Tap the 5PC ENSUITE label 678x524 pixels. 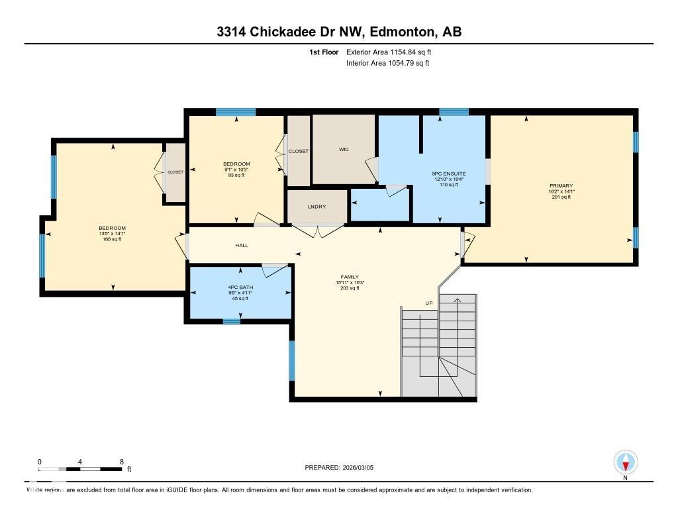[454, 174]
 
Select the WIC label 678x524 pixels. [344, 150]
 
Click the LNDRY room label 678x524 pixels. [316, 207]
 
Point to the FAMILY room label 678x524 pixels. [350, 276]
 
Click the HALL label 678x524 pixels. [242, 246]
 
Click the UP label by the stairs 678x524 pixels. [429, 303]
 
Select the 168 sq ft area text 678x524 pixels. [111, 239]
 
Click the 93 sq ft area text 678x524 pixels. [236, 176]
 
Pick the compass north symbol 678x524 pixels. [626, 462]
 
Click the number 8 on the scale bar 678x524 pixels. [121, 462]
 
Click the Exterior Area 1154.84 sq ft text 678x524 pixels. [393, 52]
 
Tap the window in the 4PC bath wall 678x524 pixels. [231, 322]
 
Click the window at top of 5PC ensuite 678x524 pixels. [454, 112]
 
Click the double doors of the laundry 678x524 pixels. [317, 231]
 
